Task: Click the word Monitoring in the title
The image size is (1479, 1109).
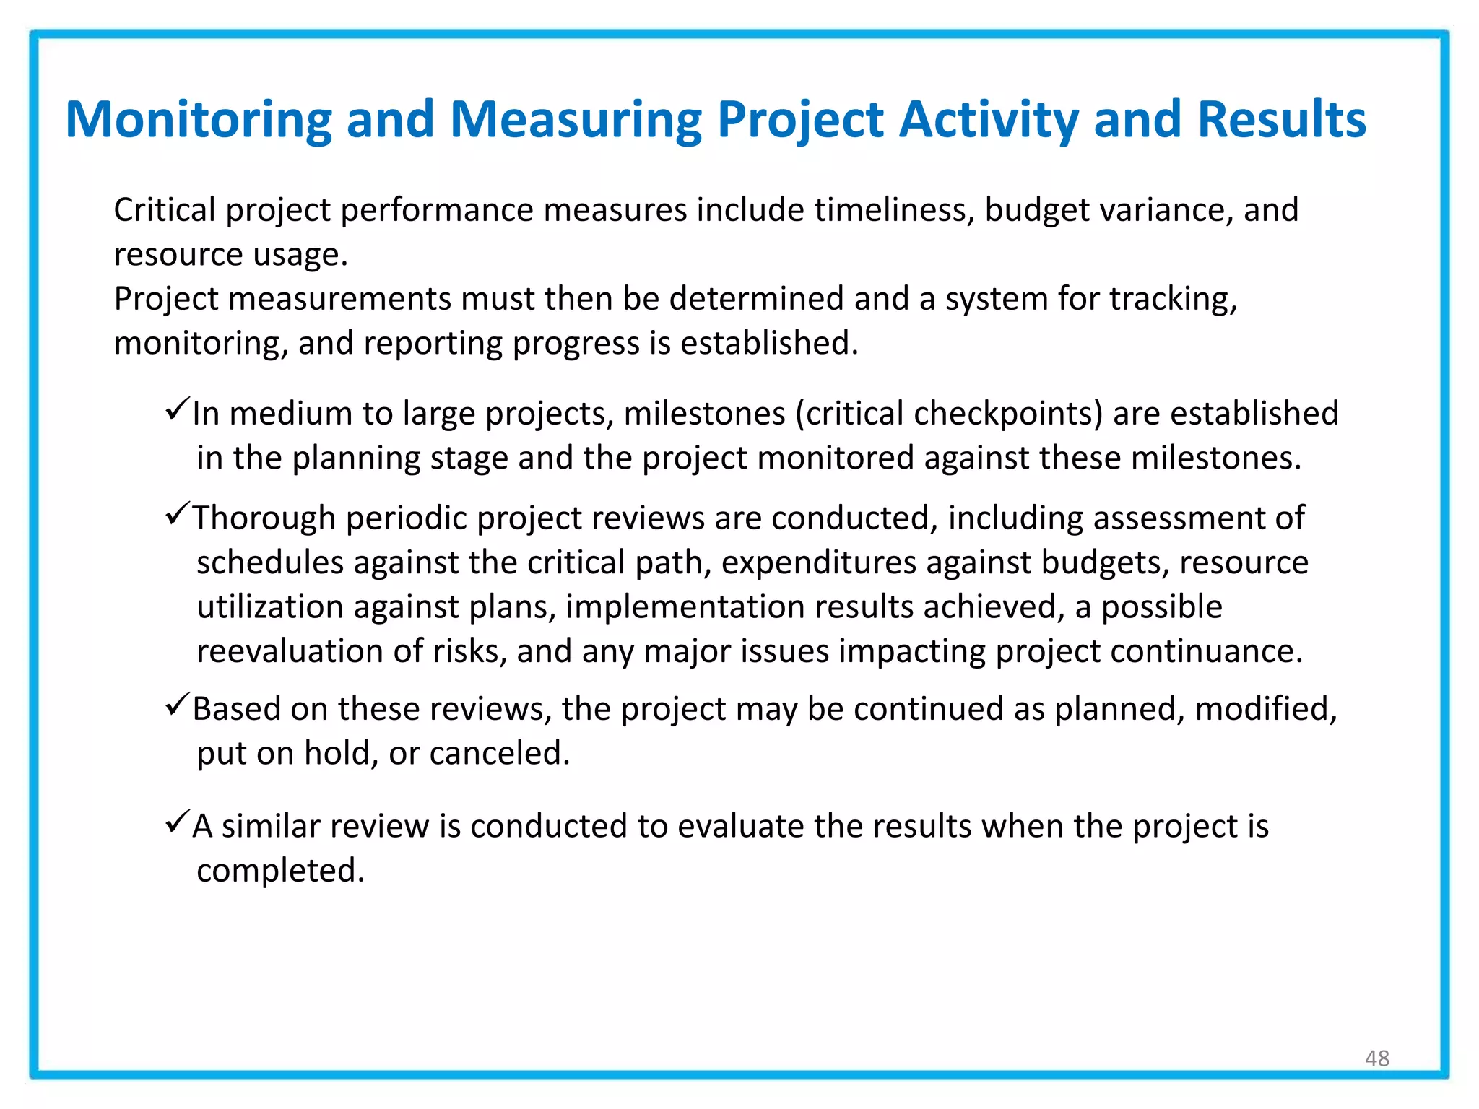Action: [x=198, y=120]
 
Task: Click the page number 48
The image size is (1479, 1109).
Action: [x=1376, y=1058]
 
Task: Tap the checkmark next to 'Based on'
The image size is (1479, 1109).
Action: [x=177, y=704]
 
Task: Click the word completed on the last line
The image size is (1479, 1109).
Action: [x=280, y=870]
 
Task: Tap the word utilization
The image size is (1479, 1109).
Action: [x=270, y=606]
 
